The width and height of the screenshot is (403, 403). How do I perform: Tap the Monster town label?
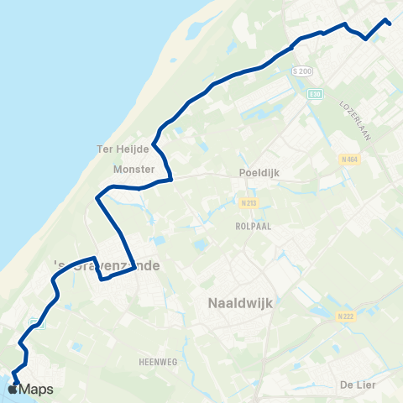pos(133,169)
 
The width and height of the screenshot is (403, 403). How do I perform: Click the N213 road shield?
pos(245,202)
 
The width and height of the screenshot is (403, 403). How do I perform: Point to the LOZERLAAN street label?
pos(355,114)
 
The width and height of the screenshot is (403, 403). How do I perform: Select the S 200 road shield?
pos(305,71)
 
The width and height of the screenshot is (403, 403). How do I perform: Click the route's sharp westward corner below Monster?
pos(98,199)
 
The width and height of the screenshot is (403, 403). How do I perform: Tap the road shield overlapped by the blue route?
pos(34,323)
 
